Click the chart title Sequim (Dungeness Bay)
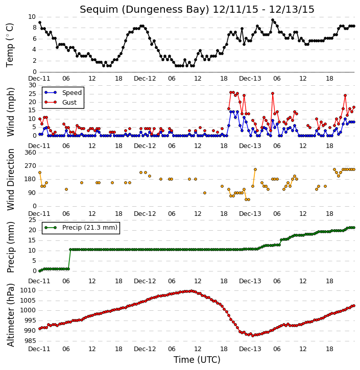[x=145, y=10]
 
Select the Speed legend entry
[x=63, y=93]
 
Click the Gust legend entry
[x=61, y=102]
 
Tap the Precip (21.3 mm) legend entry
[x=81, y=228]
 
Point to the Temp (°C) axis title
[x=10, y=45]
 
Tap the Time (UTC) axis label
[x=197, y=360]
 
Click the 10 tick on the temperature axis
[x=32, y=17]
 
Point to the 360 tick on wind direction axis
[x=30, y=153]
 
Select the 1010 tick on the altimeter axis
[x=28, y=290]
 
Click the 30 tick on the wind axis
[x=32, y=85]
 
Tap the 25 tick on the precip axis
[x=32, y=220]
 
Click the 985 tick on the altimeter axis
[x=30, y=341]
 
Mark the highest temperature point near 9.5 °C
[x=273, y=20]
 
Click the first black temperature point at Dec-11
[x=40, y=22]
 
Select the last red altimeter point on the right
[x=354, y=306]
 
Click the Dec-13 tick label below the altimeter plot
[x=250, y=349]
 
